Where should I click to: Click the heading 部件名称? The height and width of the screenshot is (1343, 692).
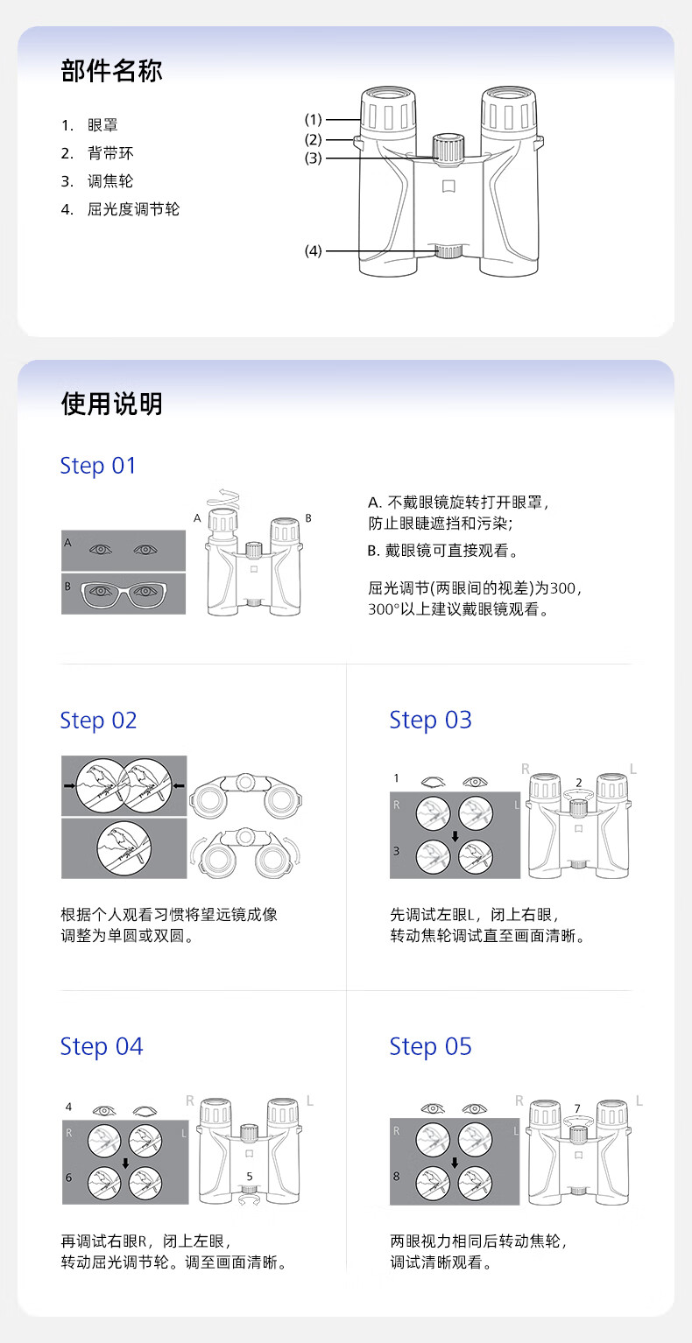pyautogui.click(x=111, y=71)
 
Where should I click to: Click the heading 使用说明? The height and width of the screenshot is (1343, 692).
pyautogui.click(x=111, y=404)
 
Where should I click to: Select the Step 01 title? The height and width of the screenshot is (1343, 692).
pyautogui.click(x=98, y=466)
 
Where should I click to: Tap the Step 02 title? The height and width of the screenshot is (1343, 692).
pyautogui.click(x=98, y=721)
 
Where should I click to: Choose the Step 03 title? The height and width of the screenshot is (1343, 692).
pyautogui.click(x=431, y=720)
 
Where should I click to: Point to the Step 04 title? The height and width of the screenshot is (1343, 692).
pyautogui.click(x=102, y=1047)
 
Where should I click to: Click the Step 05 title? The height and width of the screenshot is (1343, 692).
pyautogui.click(x=431, y=1047)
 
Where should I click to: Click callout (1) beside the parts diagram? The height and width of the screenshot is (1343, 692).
pyautogui.click(x=313, y=119)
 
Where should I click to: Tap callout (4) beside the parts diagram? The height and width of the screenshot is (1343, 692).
pyautogui.click(x=313, y=250)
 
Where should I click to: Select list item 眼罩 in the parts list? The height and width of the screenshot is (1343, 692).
pyautogui.click(x=102, y=125)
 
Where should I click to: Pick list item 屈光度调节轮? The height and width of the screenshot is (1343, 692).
pyautogui.click(x=133, y=209)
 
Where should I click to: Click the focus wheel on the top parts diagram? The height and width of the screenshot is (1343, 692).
pyautogui.click(x=448, y=149)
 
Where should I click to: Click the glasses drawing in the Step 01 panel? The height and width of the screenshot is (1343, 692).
pyautogui.click(x=123, y=594)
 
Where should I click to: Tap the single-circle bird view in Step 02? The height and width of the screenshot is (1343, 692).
pyautogui.click(x=124, y=847)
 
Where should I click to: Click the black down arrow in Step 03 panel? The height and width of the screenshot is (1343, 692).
pyautogui.click(x=455, y=836)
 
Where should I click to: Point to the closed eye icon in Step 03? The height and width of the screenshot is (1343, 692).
pyautogui.click(x=433, y=782)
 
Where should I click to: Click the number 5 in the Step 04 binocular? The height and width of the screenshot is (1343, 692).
pyautogui.click(x=250, y=1177)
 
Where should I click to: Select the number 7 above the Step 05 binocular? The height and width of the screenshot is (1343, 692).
pyautogui.click(x=577, y=1108)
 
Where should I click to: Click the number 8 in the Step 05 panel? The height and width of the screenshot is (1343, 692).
pyautogui.click(x=397, y=1177)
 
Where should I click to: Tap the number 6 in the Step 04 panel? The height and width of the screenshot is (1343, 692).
pyautogui.click(x=69, y=1178)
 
